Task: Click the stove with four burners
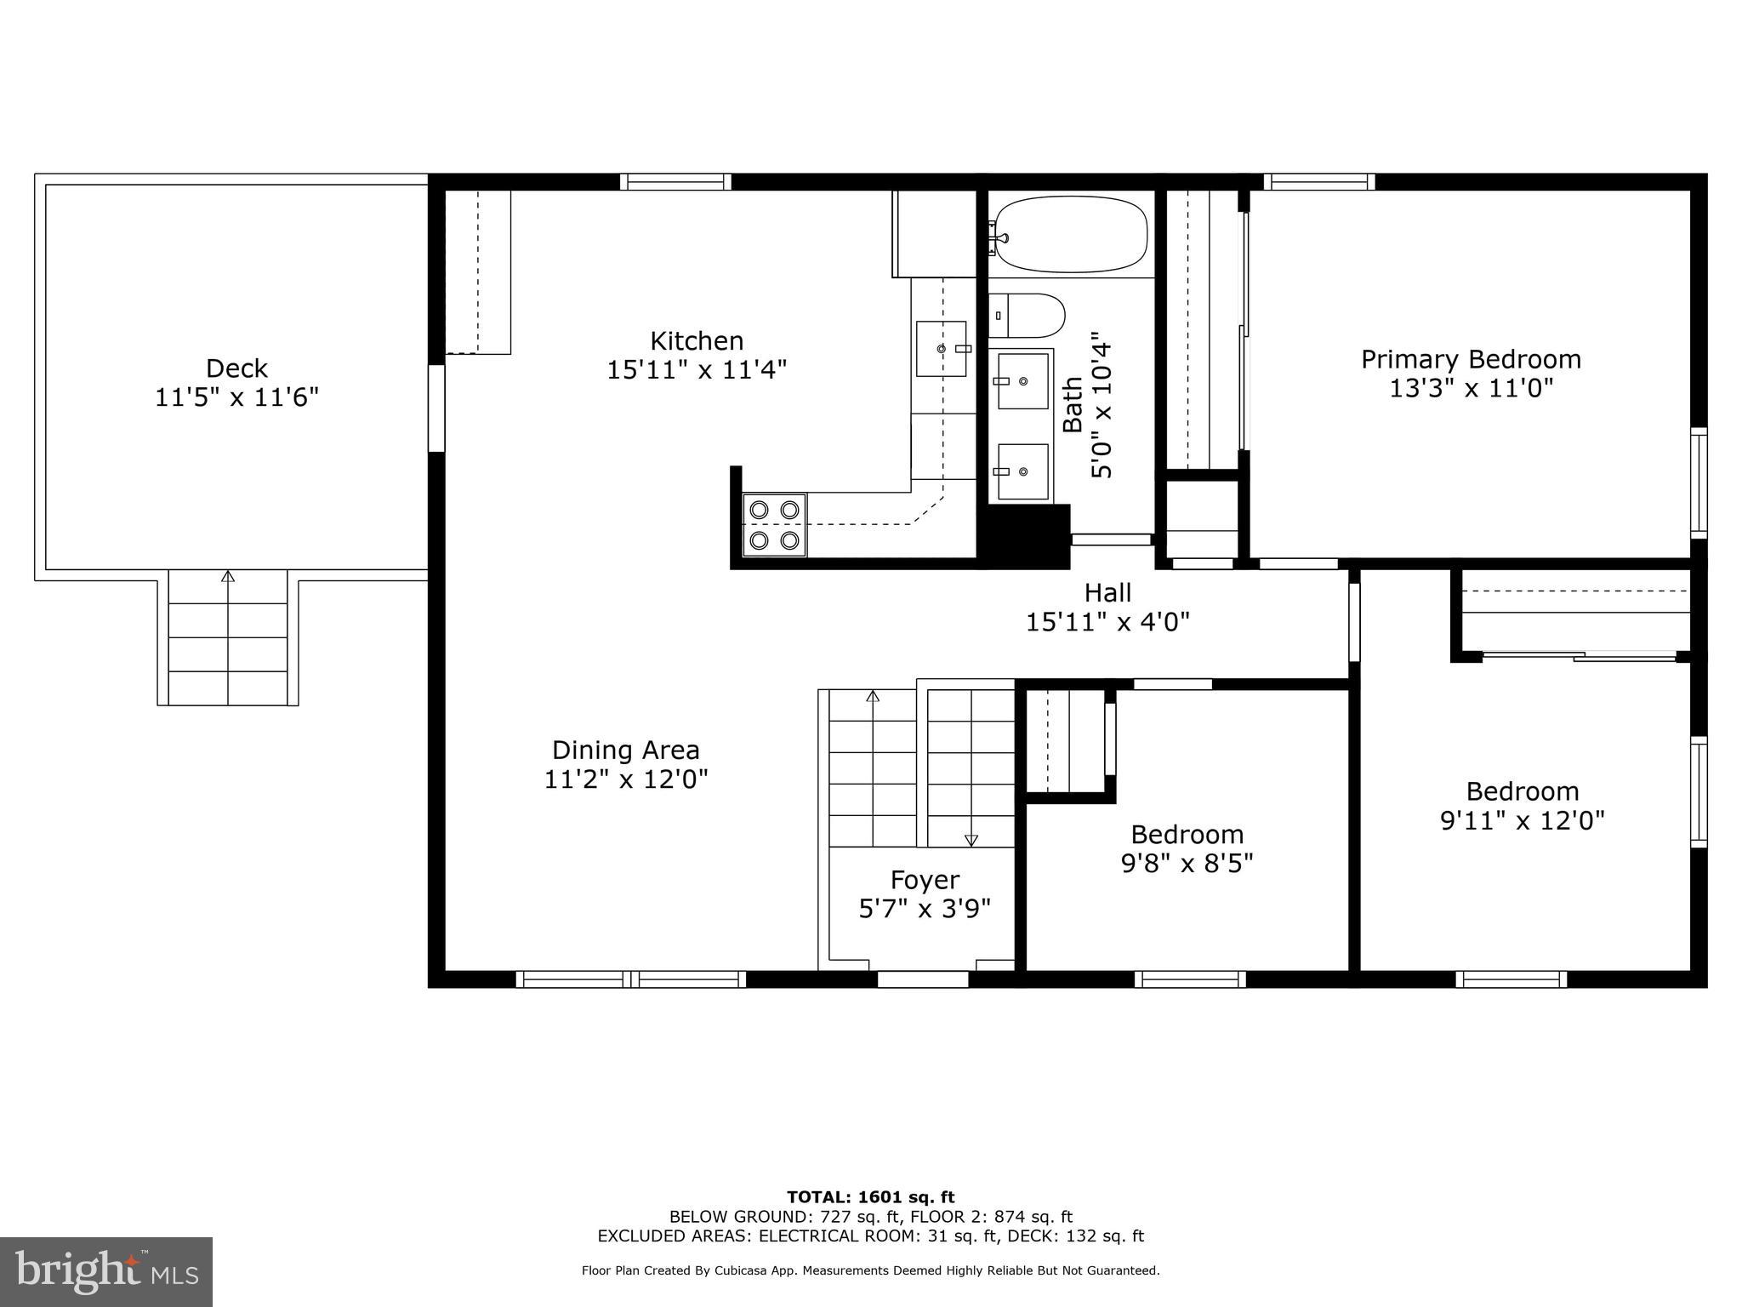point(774,525)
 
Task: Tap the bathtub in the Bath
point(1071,234)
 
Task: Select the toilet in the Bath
point(1028,316)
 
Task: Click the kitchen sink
point(941,349)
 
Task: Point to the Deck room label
point(236,368)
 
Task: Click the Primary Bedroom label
point(1471,359)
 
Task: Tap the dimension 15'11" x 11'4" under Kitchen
point(697,370)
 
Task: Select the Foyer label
point(925,879)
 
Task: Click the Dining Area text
point(626,750)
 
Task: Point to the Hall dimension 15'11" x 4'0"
point(1107,622)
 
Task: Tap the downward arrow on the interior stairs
point(971,839)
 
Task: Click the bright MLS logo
point(106,1271)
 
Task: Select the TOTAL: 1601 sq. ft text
point(870,1197)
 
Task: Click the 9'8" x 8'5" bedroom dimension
point(1187,864)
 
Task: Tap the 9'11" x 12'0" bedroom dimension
point(1522,820)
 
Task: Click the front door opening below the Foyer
point(923,979)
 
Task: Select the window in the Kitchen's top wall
point(675,181)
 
